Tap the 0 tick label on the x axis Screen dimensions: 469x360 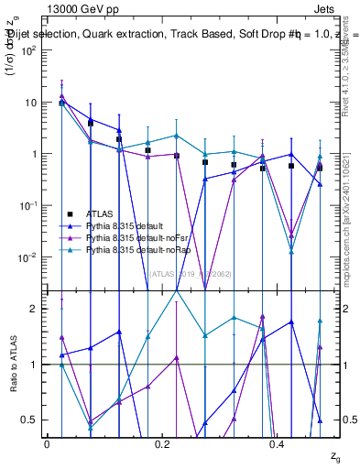(48, 444)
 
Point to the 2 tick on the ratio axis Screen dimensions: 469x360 (33, 309)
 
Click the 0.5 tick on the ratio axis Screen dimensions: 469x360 (29, 420)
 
